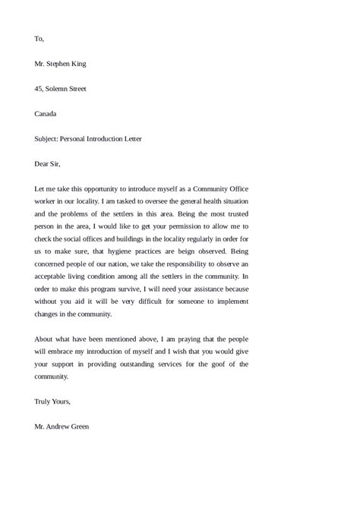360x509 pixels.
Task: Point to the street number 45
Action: pos(39,89)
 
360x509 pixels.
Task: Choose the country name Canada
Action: pos(46,114)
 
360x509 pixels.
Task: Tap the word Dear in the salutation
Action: pos(43,164)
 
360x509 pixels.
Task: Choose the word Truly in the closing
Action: pos(43,401)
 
